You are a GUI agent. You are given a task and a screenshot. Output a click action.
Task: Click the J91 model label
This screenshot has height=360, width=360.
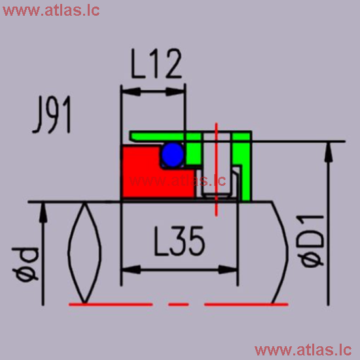pos(51,116)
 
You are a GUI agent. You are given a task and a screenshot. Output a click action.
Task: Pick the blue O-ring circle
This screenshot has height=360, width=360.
pos(171,154)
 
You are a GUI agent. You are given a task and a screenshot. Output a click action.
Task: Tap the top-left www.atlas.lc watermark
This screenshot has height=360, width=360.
pos(50,11)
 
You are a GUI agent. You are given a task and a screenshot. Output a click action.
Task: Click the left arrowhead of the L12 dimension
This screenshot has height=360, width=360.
pos(126,92)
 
